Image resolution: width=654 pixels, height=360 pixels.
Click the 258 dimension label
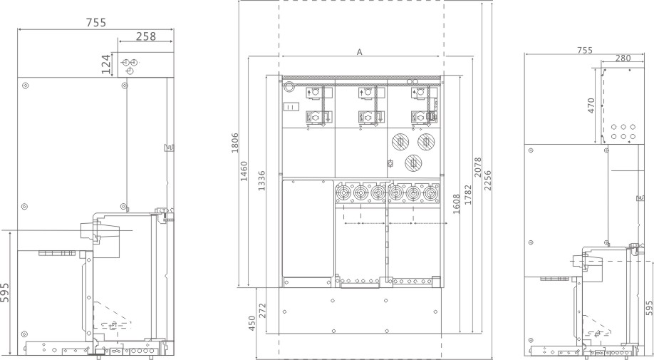[146, 36]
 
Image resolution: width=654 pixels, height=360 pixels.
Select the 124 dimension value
[106, 64]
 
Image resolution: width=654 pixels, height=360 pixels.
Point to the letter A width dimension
[360, 52]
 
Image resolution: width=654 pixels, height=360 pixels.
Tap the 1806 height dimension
[235, 143]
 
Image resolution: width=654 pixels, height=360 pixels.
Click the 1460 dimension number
[244, 171]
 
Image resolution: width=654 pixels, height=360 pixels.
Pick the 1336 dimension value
[261, 180]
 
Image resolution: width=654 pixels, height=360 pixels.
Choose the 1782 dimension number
[468, 195]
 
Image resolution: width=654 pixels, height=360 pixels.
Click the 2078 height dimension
[478, 168]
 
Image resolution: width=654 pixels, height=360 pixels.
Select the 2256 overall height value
[487, 180]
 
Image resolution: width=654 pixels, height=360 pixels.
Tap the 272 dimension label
[262, 311]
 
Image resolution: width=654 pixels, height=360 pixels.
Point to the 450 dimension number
[251, 324]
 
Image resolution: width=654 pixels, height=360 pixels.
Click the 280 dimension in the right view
[623, 58]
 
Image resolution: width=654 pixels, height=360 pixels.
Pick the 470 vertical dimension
[591, 106]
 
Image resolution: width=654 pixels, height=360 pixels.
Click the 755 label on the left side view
[96, 23]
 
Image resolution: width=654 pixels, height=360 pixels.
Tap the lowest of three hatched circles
[413, 163]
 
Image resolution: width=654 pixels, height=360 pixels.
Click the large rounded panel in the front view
[308, 229]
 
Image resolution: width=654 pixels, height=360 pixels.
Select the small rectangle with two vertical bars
[292, 107]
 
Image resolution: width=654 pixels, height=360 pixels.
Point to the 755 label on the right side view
[585, 51]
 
